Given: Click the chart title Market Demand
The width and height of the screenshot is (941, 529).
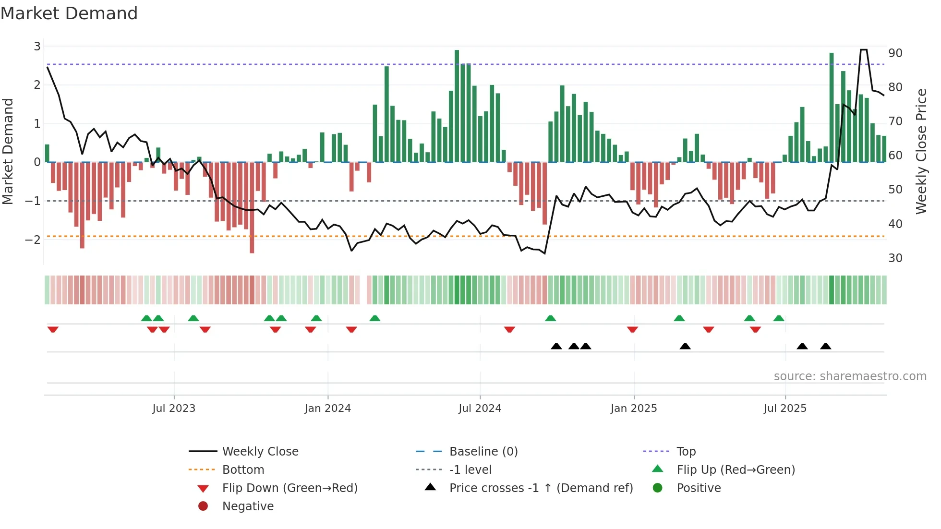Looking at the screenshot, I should pos(69,13).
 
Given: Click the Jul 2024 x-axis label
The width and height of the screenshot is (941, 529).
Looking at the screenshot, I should pos(480,409).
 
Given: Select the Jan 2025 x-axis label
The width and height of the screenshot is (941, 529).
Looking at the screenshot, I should pos(633,409).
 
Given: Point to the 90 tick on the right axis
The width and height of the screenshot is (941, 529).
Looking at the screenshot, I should pos(895,53).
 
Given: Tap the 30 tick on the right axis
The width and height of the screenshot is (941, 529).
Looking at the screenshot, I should pos(895,258).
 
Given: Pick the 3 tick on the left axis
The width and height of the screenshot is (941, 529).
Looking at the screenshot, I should pos(37,47).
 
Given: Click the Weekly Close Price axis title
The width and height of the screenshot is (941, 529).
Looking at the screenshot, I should pos(921,152).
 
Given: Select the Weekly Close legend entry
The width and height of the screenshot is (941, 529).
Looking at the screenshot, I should pos(260,452).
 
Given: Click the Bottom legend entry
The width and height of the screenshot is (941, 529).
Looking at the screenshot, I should pos(243,470).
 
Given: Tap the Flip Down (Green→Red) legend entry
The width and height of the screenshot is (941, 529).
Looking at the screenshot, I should pos(290,488).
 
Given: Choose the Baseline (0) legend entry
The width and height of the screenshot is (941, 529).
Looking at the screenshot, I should pos(483,452).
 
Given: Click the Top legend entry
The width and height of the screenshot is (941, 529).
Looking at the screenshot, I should pos(686,452).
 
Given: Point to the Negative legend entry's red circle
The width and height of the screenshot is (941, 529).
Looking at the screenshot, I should pos(203,506).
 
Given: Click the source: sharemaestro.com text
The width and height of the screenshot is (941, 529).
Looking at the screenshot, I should pos(850,376).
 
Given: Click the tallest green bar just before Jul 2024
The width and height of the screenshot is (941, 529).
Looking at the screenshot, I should pos(457,106).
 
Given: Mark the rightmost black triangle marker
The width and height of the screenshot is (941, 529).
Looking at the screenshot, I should pos(825,346).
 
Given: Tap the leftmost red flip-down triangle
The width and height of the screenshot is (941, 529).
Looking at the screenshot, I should pos(53,329).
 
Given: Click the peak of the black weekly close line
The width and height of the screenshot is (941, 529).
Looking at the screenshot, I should pos(863,50).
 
